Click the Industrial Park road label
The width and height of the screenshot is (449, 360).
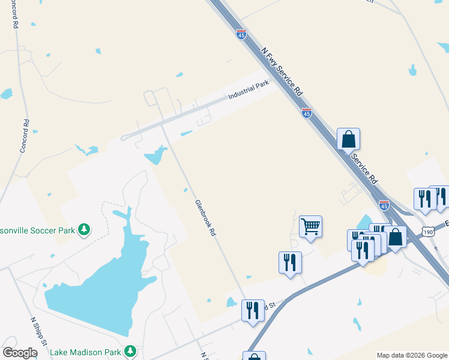(x=249, y=91)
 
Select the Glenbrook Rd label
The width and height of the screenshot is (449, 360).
(x=205, y=218)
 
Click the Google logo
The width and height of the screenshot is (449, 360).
(x=20, y=353)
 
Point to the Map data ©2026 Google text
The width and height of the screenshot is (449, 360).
(x=412, y=355)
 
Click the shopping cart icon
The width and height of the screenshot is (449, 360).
(x=311, y=227)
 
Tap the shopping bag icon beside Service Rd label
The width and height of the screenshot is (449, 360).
(x=348, y=139)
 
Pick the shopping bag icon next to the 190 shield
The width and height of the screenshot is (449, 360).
(x=396, y=236)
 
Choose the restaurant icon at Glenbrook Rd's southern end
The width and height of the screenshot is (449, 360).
(x=253, y=310)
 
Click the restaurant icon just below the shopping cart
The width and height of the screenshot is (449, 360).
(x=290, y=262)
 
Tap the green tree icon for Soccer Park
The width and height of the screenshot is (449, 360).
(x=85, y=229)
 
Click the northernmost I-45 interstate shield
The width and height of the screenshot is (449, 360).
(x=241, y=35)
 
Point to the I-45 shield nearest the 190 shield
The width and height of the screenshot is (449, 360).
(x=384, y=205)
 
